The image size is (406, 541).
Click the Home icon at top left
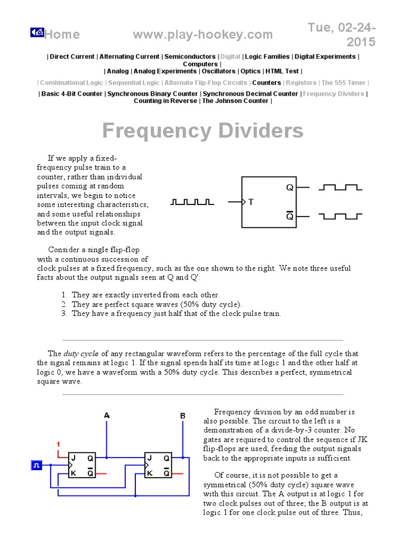[x=36, y=33]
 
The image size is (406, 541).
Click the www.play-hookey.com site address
[x=203, y=35]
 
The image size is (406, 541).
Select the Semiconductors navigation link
[x=190, y=57]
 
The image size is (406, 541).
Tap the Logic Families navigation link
[x=268, y=57]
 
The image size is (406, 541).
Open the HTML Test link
[x=282, y=71]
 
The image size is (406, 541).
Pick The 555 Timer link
[x=343, y=83]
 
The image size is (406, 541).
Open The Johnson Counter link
[x=235, y=101]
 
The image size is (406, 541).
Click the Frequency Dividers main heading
[x=202, y=130]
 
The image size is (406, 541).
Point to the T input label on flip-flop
[x=251, y=202]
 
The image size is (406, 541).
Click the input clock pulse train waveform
[x=192, y=202]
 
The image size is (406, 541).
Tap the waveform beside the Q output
[x=340, y=187]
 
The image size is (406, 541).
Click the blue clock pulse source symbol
[x=38, y=465]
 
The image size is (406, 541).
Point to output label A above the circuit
[x=107, y=416]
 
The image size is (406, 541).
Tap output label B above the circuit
[x=183, y=416]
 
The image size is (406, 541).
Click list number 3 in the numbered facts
[x=64, y=313]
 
